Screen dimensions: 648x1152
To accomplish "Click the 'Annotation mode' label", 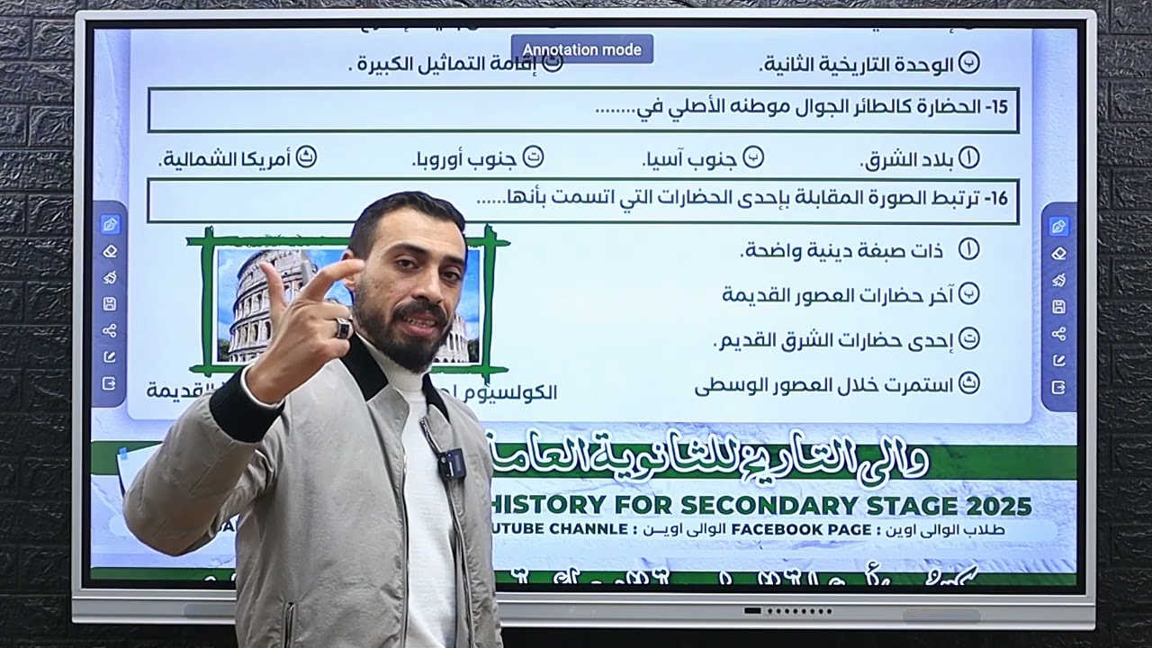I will coord(582,49).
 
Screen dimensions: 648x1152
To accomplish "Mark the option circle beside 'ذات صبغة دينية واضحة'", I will coord(968,249).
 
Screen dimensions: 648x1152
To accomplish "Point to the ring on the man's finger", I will coord(343,328).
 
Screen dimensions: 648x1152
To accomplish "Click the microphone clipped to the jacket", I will coord(449,463).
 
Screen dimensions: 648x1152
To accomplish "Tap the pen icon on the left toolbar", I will coord(110,225).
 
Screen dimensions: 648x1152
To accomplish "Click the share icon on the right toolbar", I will coord(1058,333).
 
